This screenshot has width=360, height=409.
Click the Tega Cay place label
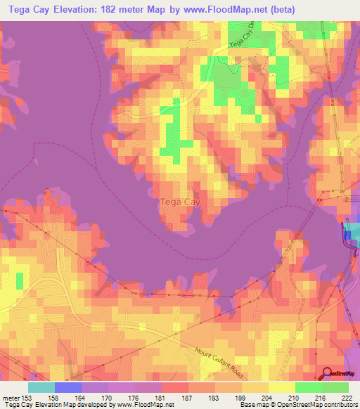click(x=174, y=202)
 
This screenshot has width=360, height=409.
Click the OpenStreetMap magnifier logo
click(x=328, y=373)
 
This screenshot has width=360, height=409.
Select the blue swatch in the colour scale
click(x=68, y=387)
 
